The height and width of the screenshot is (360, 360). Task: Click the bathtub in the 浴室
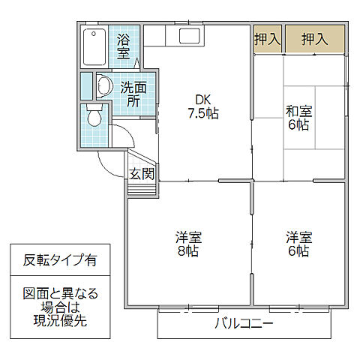(94, 46)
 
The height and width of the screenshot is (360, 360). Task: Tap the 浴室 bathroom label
(123, 46)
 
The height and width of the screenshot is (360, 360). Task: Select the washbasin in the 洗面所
(103, 86)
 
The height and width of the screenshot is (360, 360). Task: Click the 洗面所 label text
(134, 94)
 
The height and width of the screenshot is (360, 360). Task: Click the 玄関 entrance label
(142, 174)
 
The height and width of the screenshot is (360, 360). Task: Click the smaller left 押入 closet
(267, 39)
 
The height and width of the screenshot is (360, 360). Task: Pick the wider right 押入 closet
(315, 39)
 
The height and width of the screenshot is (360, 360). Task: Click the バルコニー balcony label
(244, 325)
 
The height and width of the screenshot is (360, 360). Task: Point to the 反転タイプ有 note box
(59, 261)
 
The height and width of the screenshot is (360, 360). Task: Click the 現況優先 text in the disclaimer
(60, 320)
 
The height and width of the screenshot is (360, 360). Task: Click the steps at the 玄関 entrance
(142, 187)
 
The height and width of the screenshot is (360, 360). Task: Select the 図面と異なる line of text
(60, 293)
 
